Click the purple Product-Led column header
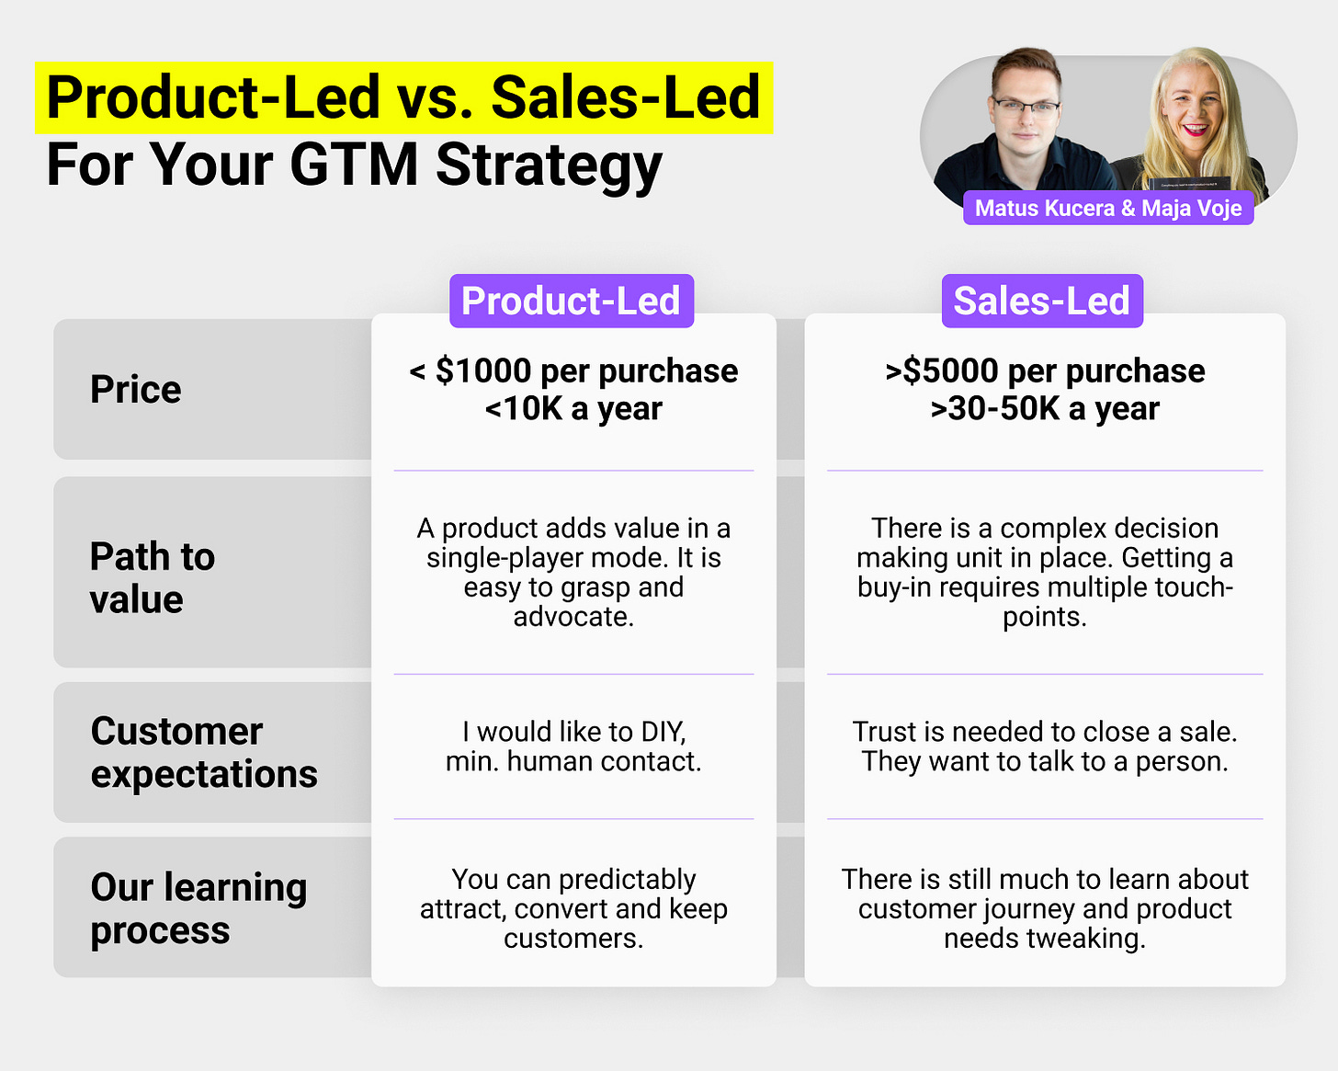(x=572, y=301)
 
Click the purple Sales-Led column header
(x=1042, y=301)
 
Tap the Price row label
(x=135, y=390)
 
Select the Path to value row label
(x=153, y=578)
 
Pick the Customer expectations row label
(x=204, y=753)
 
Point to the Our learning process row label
(x=199, y=908)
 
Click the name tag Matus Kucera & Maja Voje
(x=1108, y=208)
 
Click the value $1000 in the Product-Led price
(x=483, y=370)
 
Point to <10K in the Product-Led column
(x=524, y=408)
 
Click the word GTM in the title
(x=354, y=165)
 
